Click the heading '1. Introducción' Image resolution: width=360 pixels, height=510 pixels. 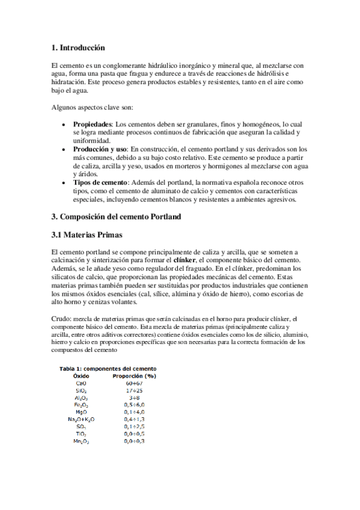pyautogui.click(x=79, y=47)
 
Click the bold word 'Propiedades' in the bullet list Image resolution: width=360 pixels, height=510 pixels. pyautogui.click(x=93, y=123)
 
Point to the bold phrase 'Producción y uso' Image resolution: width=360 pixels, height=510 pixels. pyautogui.click(x=101, y=149)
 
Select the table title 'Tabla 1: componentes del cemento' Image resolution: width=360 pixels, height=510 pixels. pyautogui.click(x=108, y=369)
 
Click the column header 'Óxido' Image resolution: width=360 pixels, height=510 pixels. pyautogui.click(x=81, y=375)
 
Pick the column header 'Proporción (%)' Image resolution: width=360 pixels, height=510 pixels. pyautogui.click(x=135, y=375)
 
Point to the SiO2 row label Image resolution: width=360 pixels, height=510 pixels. pyautogui.click(x=81, y=390)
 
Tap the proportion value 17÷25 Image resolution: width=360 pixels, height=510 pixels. pyautogui.click(x=135, y=390)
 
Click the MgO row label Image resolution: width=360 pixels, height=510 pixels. pyautogui.click(x=81, y=411)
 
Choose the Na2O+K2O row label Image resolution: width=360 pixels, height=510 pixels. pyautogui.click(x=81, y=419)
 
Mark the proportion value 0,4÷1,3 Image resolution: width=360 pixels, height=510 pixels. pyautogui.click(x=135, y=419)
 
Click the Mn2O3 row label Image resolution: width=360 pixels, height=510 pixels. pyautogui.click(x=81, y=441)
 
